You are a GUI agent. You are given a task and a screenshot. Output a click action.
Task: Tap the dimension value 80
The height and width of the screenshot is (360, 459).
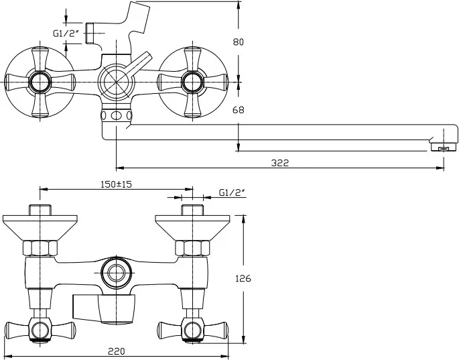coord(237,42)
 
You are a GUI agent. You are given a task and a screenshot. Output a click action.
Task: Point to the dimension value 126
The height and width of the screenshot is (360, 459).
coord(244,278)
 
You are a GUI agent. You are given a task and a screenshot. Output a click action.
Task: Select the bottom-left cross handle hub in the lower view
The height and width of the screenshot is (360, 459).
coord(40,330)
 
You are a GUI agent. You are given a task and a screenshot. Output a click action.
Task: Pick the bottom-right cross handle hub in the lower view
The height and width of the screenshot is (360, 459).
coord(192,330)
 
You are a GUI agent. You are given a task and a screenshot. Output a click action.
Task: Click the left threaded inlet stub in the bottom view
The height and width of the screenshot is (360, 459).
coord(40,208)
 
